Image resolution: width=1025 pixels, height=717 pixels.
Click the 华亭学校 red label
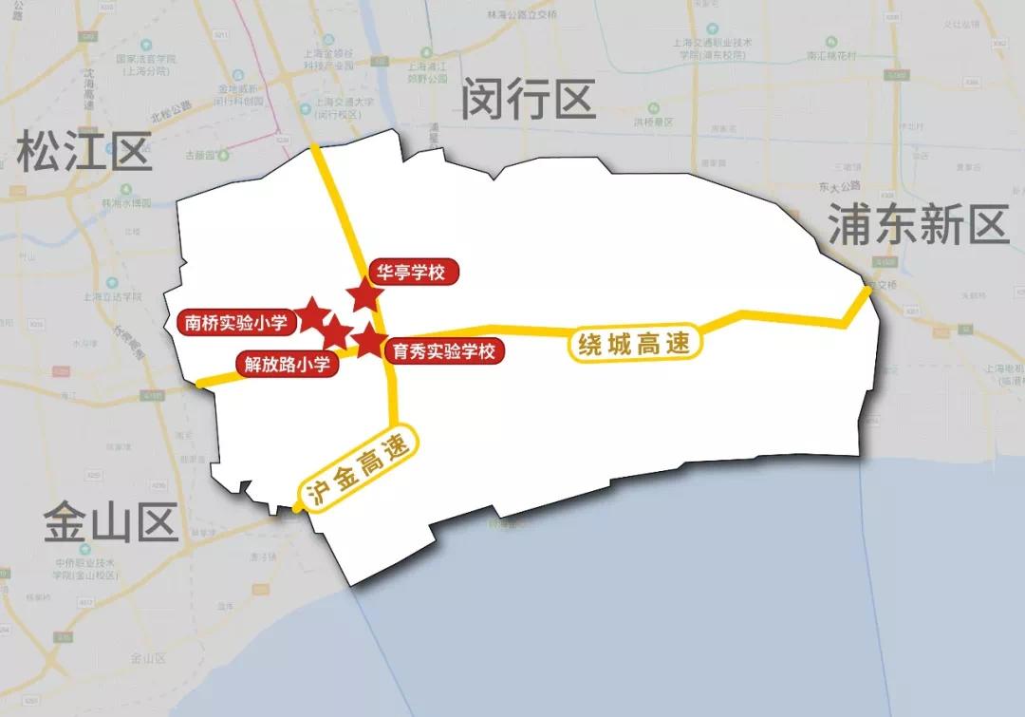[410, 273]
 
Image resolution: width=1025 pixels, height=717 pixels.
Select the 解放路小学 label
[287, 363]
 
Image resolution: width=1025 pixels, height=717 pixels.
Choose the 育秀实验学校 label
[444, 351]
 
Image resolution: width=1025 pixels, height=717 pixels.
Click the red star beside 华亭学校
[364, 295]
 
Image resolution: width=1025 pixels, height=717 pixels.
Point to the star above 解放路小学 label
[334, 334]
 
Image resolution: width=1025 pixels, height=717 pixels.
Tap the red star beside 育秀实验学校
[368, 339]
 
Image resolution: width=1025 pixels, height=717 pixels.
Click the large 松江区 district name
[84, 152]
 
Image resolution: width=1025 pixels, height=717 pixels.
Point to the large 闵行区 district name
[528, 99]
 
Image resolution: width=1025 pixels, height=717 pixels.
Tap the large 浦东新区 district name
[917, 226]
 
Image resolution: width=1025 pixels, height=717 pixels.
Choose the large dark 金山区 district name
[111, 523]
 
